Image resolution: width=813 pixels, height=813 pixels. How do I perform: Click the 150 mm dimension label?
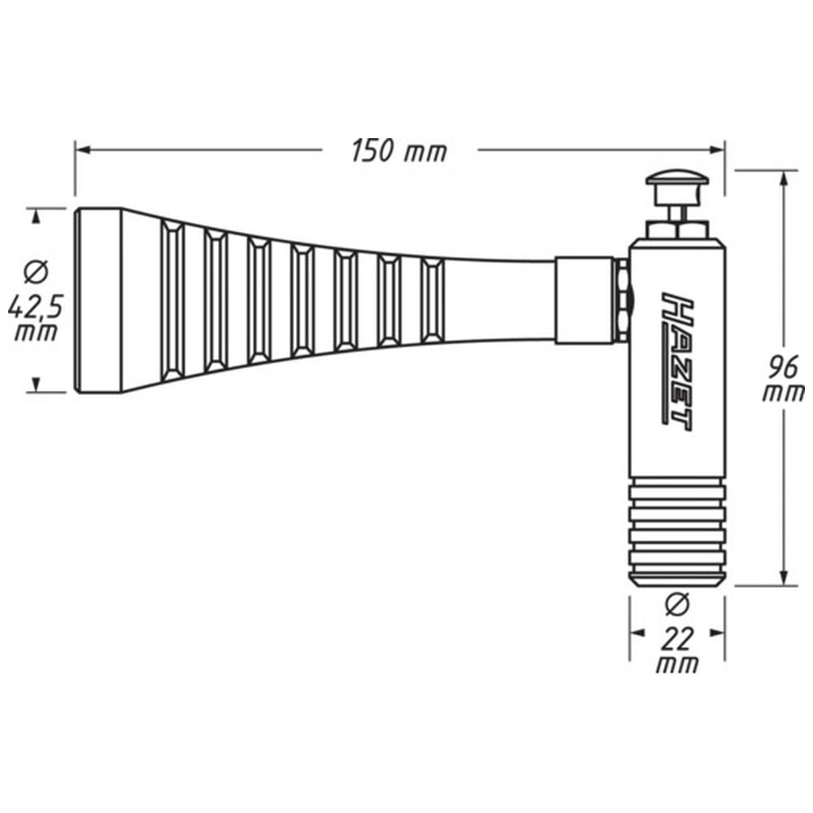[x=398, y=151]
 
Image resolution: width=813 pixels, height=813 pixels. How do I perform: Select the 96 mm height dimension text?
[x=783, y=379]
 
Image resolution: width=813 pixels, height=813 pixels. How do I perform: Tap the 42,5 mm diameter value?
[x=35, y=320]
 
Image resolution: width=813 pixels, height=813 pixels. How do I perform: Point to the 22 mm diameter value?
[x=677, y=650]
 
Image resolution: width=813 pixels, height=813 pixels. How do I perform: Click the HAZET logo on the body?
[x=677, y=362]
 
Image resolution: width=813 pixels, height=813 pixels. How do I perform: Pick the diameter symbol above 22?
[x=676, y=605]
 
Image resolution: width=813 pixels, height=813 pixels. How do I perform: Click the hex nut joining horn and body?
[x=621, y=300]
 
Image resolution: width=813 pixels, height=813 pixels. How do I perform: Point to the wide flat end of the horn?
[x=98, y=300]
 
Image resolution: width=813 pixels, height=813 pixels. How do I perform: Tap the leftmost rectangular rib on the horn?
[x=172, y=300]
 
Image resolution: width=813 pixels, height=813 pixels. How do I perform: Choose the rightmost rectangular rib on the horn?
[x=433, y=300]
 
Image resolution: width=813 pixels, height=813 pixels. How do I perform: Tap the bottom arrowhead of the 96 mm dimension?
[x=785, y=577]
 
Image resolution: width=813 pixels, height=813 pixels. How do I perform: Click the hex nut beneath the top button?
[x=677, y=230]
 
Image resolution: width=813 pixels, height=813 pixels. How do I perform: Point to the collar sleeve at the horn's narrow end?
[x=585, y=300]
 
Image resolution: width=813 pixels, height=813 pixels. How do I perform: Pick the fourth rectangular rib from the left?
[x=302, y=300]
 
